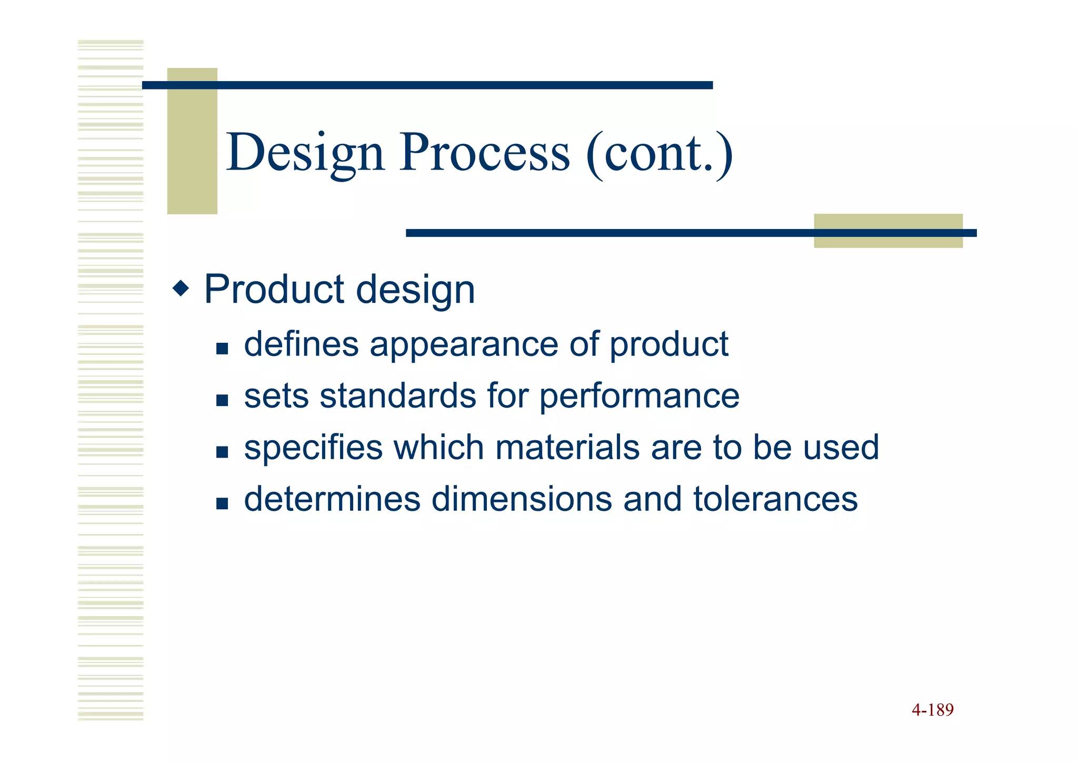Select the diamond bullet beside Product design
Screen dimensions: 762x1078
point(181,289)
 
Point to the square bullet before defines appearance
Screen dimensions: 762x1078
point(222,349)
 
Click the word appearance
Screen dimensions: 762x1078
point(464,345)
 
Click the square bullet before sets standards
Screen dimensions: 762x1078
point(222,400)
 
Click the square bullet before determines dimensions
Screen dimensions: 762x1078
point(222,504)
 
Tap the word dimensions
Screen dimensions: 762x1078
point(522,499)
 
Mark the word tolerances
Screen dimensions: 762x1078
point(775,499)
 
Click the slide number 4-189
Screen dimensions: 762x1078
point(932,710)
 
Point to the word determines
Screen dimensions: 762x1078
point(332,499)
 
